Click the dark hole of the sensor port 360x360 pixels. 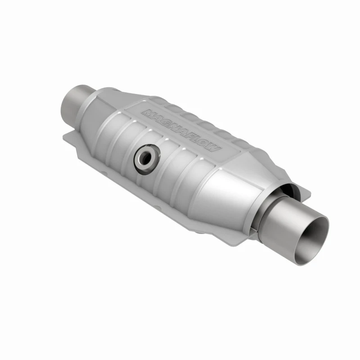click(145, 157)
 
